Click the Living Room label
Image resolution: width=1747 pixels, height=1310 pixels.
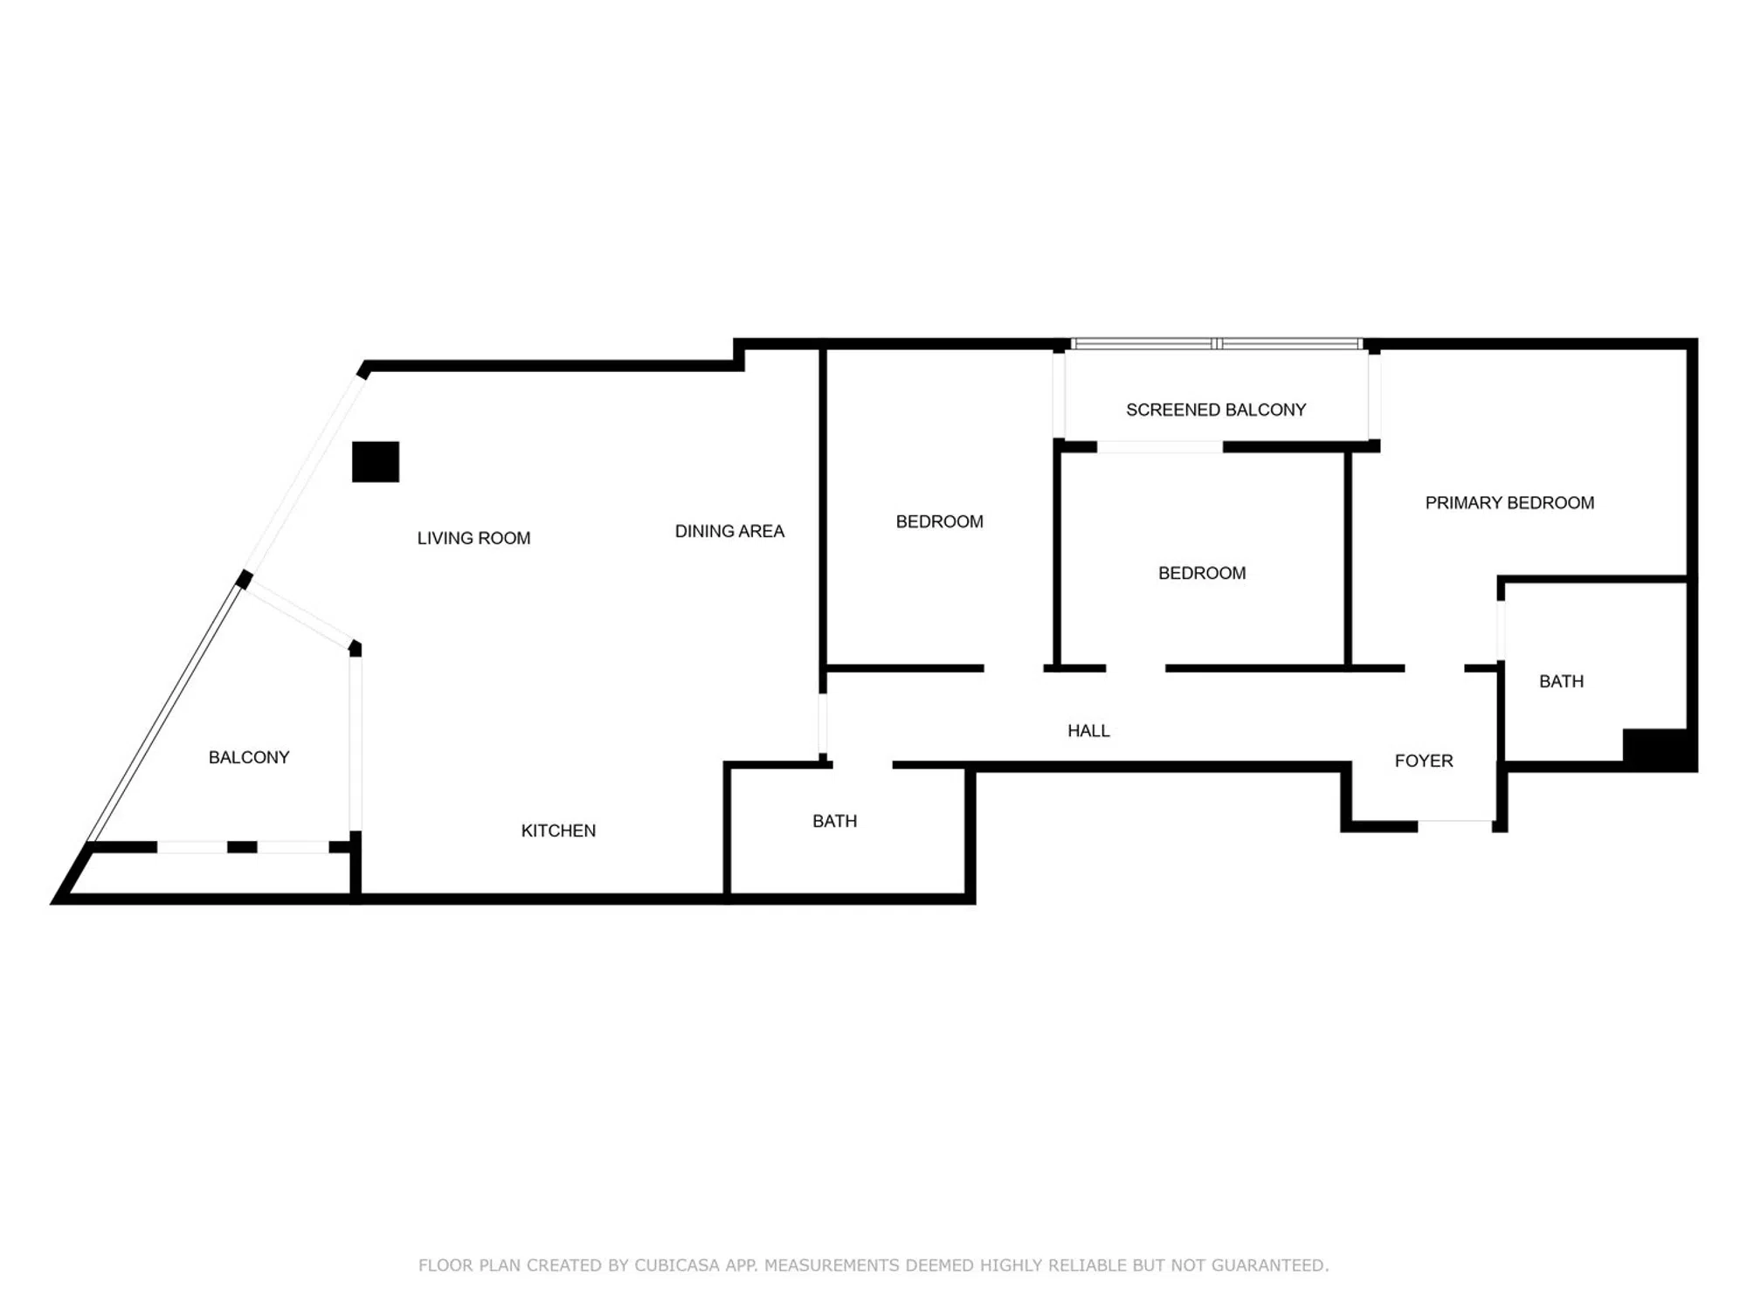point(473,538)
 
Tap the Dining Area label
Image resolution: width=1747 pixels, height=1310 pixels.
point(729,531)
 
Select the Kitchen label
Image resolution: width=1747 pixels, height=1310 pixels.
point(558,831)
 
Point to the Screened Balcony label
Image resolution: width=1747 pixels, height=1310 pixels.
point(1216,410)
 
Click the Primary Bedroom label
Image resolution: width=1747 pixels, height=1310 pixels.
point(1509,503)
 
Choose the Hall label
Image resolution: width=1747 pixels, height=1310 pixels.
point(1088,731)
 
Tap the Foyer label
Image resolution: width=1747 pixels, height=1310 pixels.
point(1424,761)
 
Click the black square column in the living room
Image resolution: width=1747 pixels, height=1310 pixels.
point(376,462)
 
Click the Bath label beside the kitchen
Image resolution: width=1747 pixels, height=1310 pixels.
point(834,821)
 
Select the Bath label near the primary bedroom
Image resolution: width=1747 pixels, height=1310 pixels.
point(1561,681)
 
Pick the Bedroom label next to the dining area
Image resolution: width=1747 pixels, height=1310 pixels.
point(940,521)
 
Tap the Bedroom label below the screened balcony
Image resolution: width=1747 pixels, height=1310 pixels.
point(1202,573)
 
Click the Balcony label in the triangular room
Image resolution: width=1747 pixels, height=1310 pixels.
point(249,757)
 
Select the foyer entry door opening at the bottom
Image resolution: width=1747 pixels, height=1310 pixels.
point(1455,824)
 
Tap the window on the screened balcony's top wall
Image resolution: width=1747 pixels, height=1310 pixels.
point(1217,344)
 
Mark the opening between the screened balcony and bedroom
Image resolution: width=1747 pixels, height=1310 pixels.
point(1160,447)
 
